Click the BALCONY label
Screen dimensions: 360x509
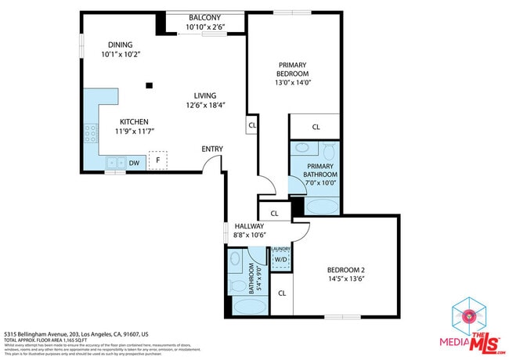[204, 18]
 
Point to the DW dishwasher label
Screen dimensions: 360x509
[134, 163]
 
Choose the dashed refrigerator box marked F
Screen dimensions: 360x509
[158, 160]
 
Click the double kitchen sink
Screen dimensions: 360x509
[115, 163]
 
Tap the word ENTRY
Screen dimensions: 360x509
[212, 149]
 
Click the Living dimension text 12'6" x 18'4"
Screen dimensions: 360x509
[205, 105]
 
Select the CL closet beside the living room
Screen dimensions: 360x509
[252, 124]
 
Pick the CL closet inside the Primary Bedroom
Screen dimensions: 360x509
[316, 127]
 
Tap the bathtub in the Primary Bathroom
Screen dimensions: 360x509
[321, 207]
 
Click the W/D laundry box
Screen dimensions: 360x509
[280, 259]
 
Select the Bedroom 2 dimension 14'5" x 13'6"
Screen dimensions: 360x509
[346, 279]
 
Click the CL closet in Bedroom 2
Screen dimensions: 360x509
[282, 293]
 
